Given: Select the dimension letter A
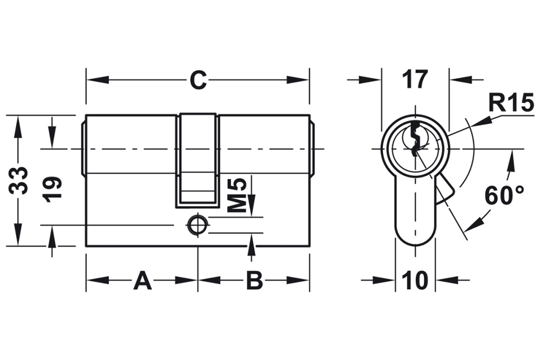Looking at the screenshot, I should pyautogui.click(x=142, y=280).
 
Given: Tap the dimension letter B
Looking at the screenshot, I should pyautogui.click(x=254, y=280).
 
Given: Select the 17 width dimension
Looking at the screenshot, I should pyautogui.click(x=415, y=80).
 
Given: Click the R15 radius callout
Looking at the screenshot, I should pyautogui.click(x=510, y=102).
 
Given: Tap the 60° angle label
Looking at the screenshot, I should pyautogui.click(x=504, y=195).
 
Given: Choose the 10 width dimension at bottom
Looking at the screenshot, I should pyautogui.click(x=415, y=280).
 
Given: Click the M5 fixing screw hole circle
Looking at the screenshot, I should pyautogui.click(x=198, y=226).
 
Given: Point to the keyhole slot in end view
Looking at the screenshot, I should pyautogui.click(x=415, y=139).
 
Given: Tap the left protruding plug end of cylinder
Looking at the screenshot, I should pyautogui.click(x=84, y=148).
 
